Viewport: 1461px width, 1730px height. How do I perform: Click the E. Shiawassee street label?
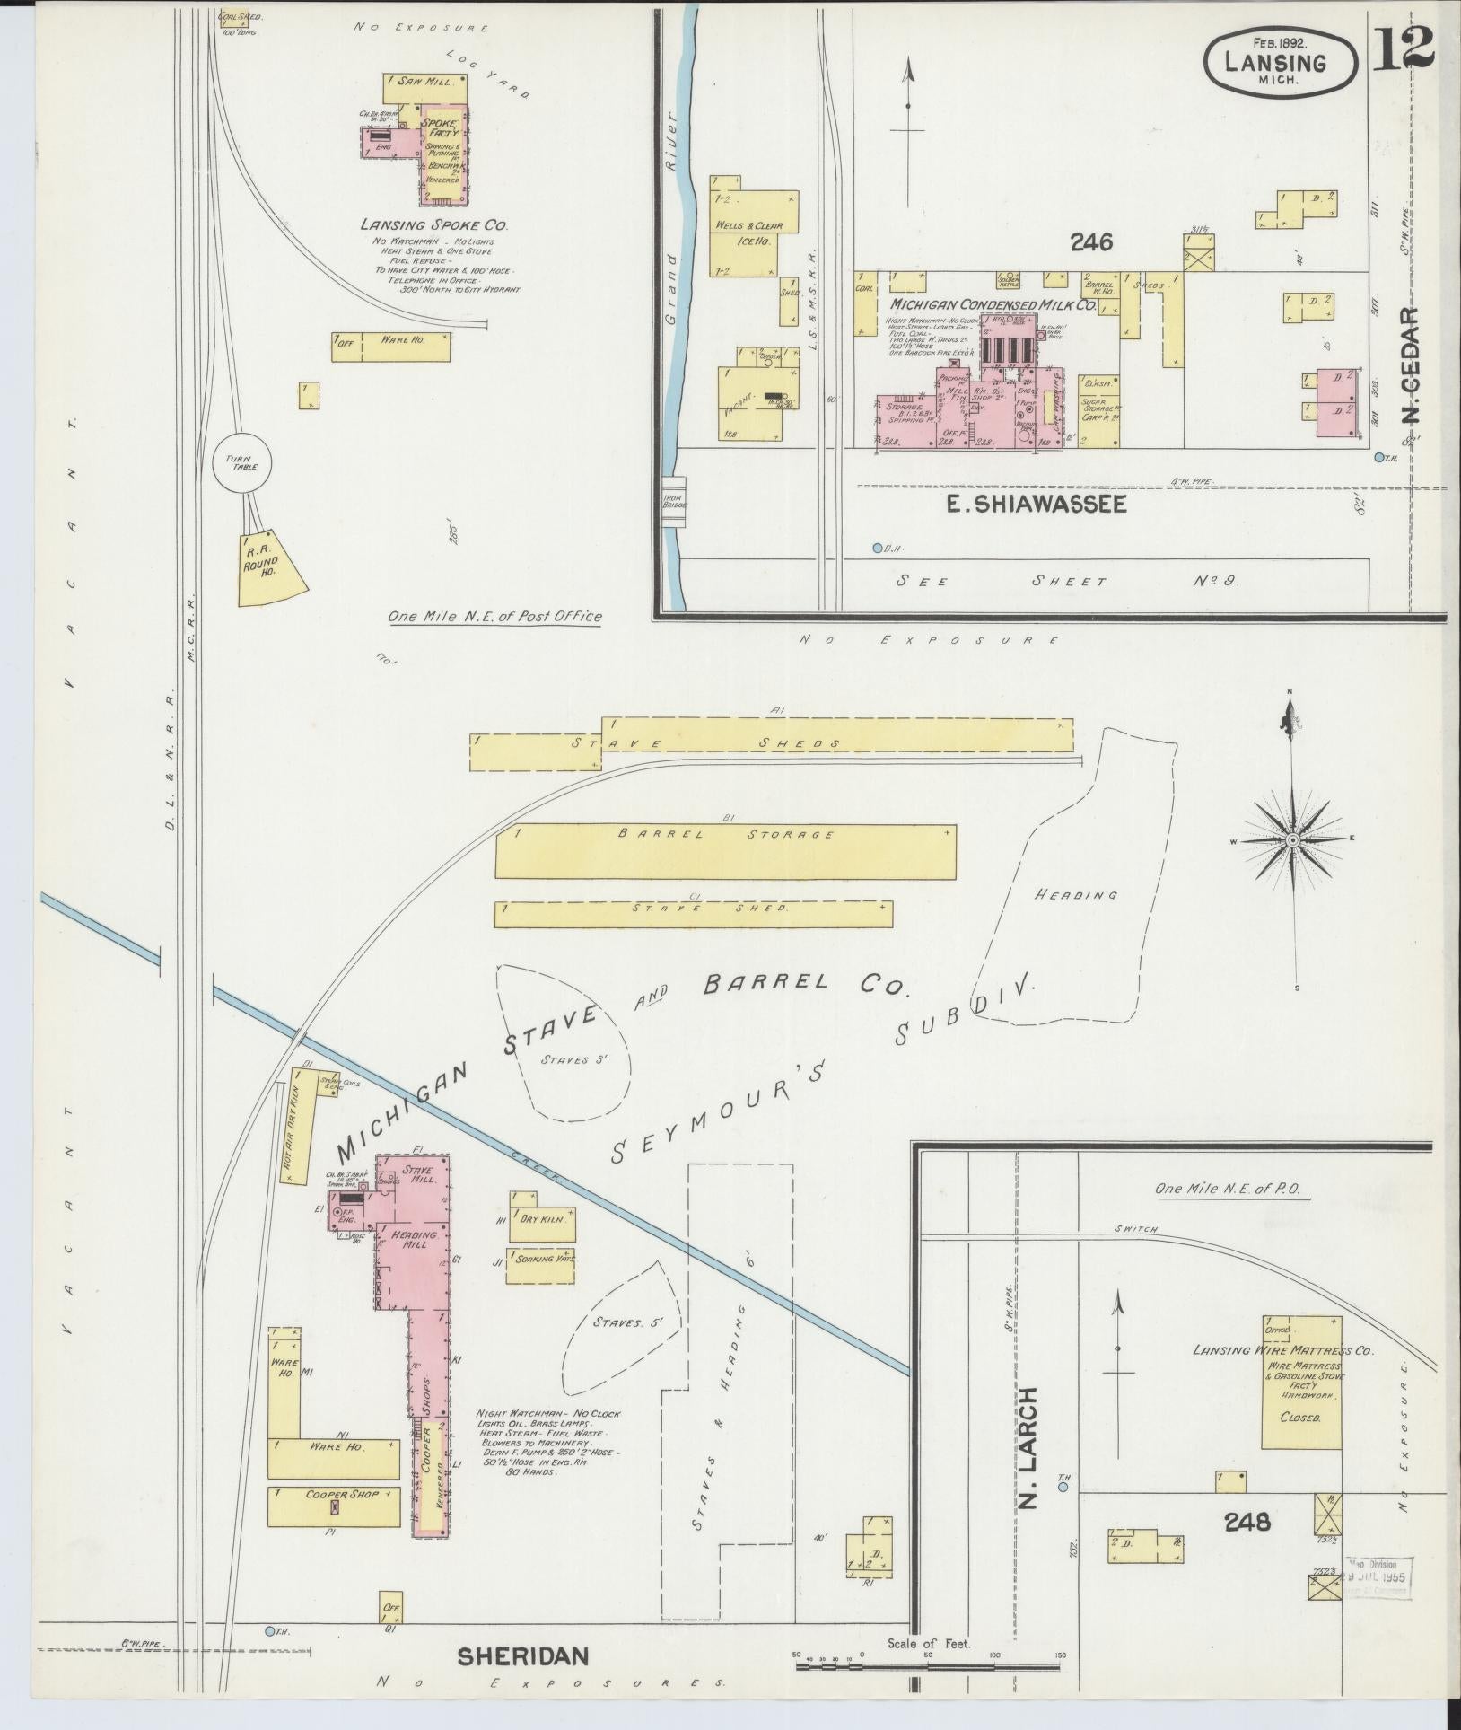point(1037,505)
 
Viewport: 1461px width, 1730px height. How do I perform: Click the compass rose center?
point(1292,839)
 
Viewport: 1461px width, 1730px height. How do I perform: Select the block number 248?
point(1247,1522)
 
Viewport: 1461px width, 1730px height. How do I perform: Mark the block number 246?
point(1090,241)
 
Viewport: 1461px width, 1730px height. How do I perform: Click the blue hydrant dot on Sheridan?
point(269,1630)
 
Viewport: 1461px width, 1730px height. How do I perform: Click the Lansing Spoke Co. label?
point(423,224)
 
